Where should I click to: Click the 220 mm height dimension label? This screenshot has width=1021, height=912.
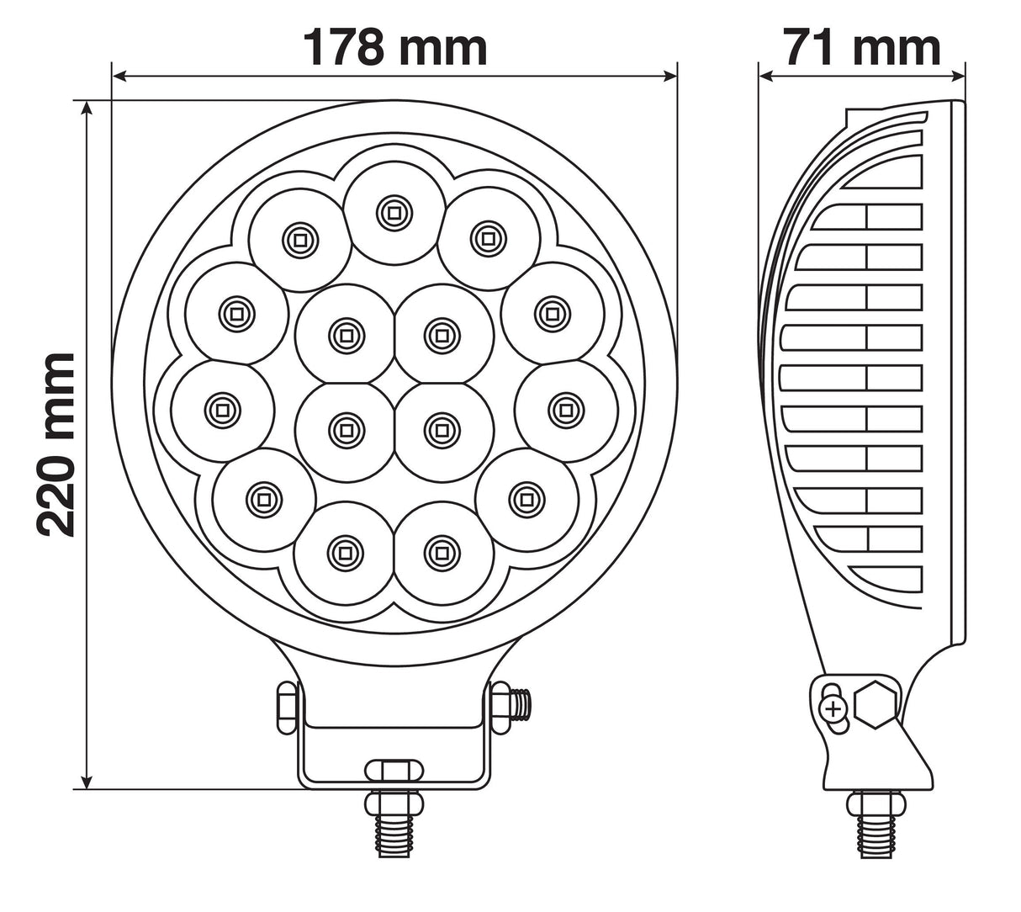[57, 445]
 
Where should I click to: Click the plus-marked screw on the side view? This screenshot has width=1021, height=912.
[833, 708]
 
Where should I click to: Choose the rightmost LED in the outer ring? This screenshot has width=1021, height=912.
[563, 410]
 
